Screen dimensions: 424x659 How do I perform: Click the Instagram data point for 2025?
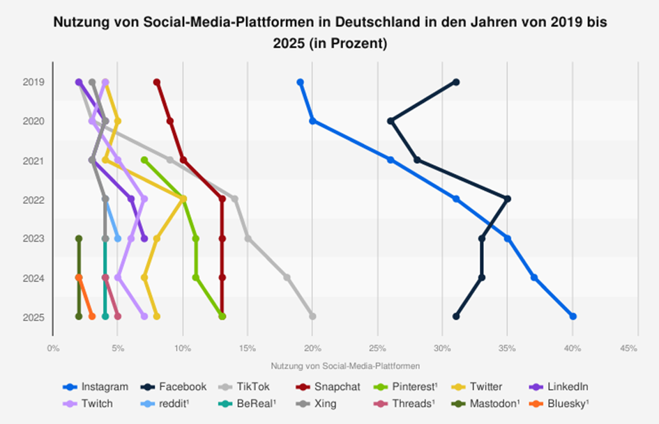(x=573, y=316)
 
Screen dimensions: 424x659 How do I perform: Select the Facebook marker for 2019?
(x=456, y=82)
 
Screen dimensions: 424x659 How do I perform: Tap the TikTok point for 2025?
(x=312, y=316)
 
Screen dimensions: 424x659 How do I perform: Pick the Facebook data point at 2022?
(x=508, y=199)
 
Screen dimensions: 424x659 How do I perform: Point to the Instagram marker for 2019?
(x=300, y=82)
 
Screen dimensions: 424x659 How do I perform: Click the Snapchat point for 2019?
(x=157, y=82)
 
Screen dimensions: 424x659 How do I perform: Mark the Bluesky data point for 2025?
(x=91, y=316)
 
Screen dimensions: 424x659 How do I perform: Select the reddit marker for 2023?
(x=118, y=238)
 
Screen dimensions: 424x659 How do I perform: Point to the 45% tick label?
(x=628, y=347)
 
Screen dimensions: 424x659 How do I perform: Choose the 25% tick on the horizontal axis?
(x=377, y=347)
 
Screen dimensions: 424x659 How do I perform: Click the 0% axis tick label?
(x=52, y=347)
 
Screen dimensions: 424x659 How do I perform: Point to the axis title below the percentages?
(x=344, y=365)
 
